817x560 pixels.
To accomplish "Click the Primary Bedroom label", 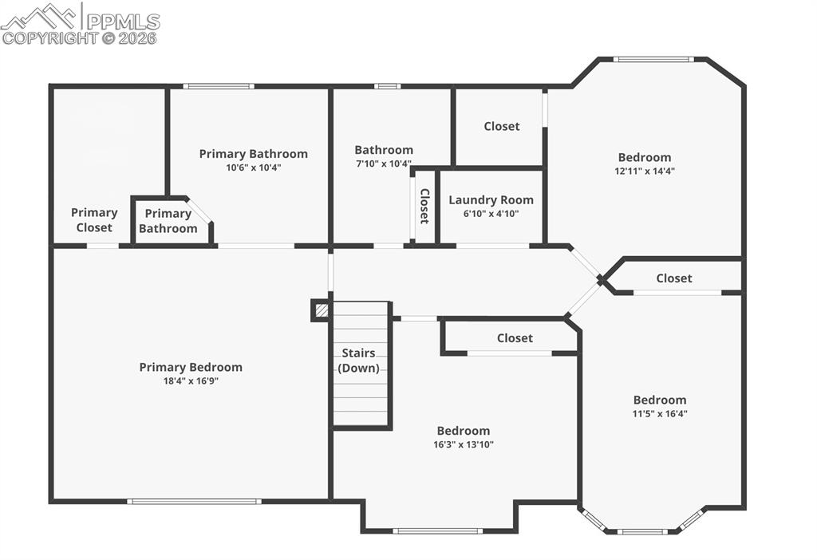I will pos(191,367).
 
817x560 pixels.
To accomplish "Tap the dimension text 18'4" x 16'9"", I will pos(191,381).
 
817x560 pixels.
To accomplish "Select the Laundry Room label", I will pos(491,200).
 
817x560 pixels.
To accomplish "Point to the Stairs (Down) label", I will pos(358,361).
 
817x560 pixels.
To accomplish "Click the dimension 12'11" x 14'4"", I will pos(644,171).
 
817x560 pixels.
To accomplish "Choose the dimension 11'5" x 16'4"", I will pos(660,414).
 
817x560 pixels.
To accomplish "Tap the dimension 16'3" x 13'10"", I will pos(463,444).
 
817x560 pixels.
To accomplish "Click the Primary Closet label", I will pos(94,220).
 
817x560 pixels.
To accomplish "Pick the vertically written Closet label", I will pos(424,206).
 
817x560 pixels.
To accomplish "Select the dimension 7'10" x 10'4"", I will pos(384,164).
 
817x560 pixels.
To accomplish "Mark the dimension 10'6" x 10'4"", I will pos(253,168).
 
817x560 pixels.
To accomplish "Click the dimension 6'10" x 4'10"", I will pos(491,214).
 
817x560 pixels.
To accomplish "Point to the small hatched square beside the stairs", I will pos(321,310).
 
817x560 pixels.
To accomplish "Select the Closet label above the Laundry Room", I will pos(501,126).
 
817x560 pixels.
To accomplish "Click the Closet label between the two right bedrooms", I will pos(673,278).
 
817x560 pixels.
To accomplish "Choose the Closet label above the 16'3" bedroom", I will pos(515,338).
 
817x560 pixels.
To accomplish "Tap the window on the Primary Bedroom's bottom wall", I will pos(194,501).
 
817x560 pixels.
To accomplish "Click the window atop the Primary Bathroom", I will pos(219,86).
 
